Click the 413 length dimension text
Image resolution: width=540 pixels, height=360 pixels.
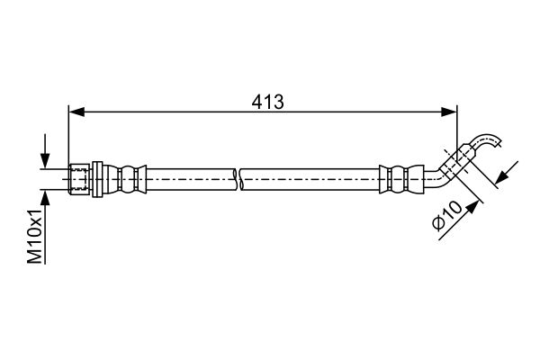[x=267, y=102]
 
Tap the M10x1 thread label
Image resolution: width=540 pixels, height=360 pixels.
[x=35, y=236]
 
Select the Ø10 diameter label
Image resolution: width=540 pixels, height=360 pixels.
[x=446, y=215]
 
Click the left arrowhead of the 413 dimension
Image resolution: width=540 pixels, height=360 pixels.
[x=76, y=112]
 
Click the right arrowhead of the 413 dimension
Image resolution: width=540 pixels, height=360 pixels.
[x=449, y=112]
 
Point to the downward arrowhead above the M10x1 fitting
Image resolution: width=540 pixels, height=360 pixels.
[x=45, y=160]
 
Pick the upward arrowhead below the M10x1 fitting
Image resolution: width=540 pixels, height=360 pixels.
[x=45, y=198]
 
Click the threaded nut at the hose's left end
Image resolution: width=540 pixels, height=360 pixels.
[x=79, y=179]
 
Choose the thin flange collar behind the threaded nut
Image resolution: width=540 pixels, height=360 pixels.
[x=98, y=179]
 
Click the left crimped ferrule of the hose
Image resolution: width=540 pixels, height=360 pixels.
[x=125, y=179]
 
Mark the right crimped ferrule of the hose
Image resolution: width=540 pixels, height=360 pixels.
[x=401, y=179]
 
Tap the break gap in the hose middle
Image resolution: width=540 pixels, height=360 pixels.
[x=238, y=179]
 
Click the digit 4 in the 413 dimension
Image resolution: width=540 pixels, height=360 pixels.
[x=256, y=102]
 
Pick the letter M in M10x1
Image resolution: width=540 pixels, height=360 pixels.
[x=35, y=256]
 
